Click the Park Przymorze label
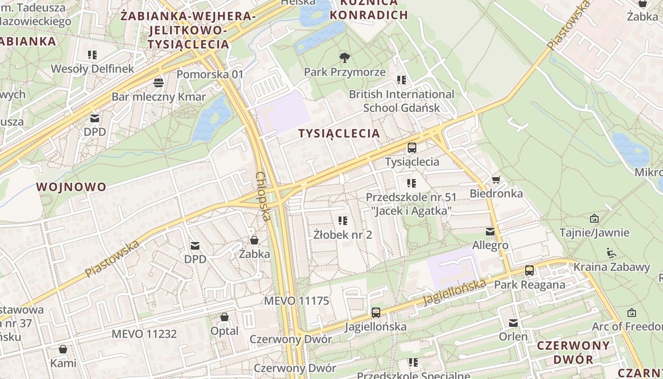[x=345, y=72]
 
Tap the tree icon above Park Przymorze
[x=345, y=58]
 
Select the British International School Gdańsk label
[x=402, y=101]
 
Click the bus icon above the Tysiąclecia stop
[x=412, y=147]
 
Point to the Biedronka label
[x=496, y=193]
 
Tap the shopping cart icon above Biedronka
[x=496, y=180]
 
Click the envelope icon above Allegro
[x=490, y=232]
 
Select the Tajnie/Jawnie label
[x=594, y=233]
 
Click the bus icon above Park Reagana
[x=529, y=271]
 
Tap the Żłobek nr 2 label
[x=343, y=235]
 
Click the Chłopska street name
[x=263, y=196]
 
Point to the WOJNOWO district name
[x=72, y=187]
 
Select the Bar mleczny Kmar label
[x=159, y=97]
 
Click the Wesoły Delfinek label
[x=92, y=69]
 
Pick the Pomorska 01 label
[x=210, y=74]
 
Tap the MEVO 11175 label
[x=296, y=301]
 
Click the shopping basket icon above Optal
[x=224, y=316]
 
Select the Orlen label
[x=513, y=336]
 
